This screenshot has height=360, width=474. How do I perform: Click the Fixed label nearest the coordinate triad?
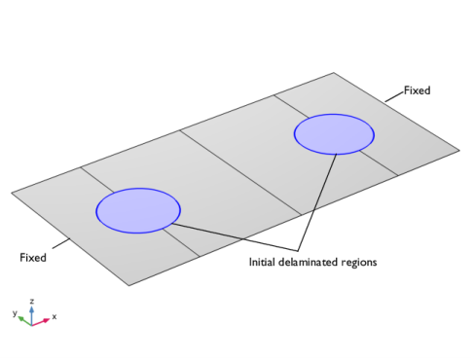(x=33, y=258)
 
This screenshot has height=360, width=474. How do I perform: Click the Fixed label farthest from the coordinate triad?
(x=418, y=90)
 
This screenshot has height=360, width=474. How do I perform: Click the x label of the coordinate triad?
(x=55, y=316)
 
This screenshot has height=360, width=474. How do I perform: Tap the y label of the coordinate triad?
(x=15, y=313)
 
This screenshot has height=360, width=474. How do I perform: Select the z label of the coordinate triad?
(x=31, y=302)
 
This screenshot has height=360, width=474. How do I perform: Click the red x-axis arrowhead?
(x=47, y=320)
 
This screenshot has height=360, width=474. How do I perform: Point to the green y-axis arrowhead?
(x=21, y=319)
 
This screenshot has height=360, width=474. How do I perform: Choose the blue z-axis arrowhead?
(x=31, y=309)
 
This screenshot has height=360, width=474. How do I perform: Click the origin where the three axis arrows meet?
(x=31, y=325)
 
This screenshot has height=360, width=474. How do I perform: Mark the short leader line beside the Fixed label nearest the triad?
(x=61, y=243)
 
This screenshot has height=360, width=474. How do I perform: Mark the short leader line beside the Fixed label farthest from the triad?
(x=394, y=96)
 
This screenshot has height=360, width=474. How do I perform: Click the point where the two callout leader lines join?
(x=298, y=251)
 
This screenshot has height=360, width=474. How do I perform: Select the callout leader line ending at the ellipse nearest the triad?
(x=235, y=237)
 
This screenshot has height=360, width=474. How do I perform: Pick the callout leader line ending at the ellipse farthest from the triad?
(x=317, y=202)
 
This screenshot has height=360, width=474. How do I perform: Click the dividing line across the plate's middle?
(x=240, y=172)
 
